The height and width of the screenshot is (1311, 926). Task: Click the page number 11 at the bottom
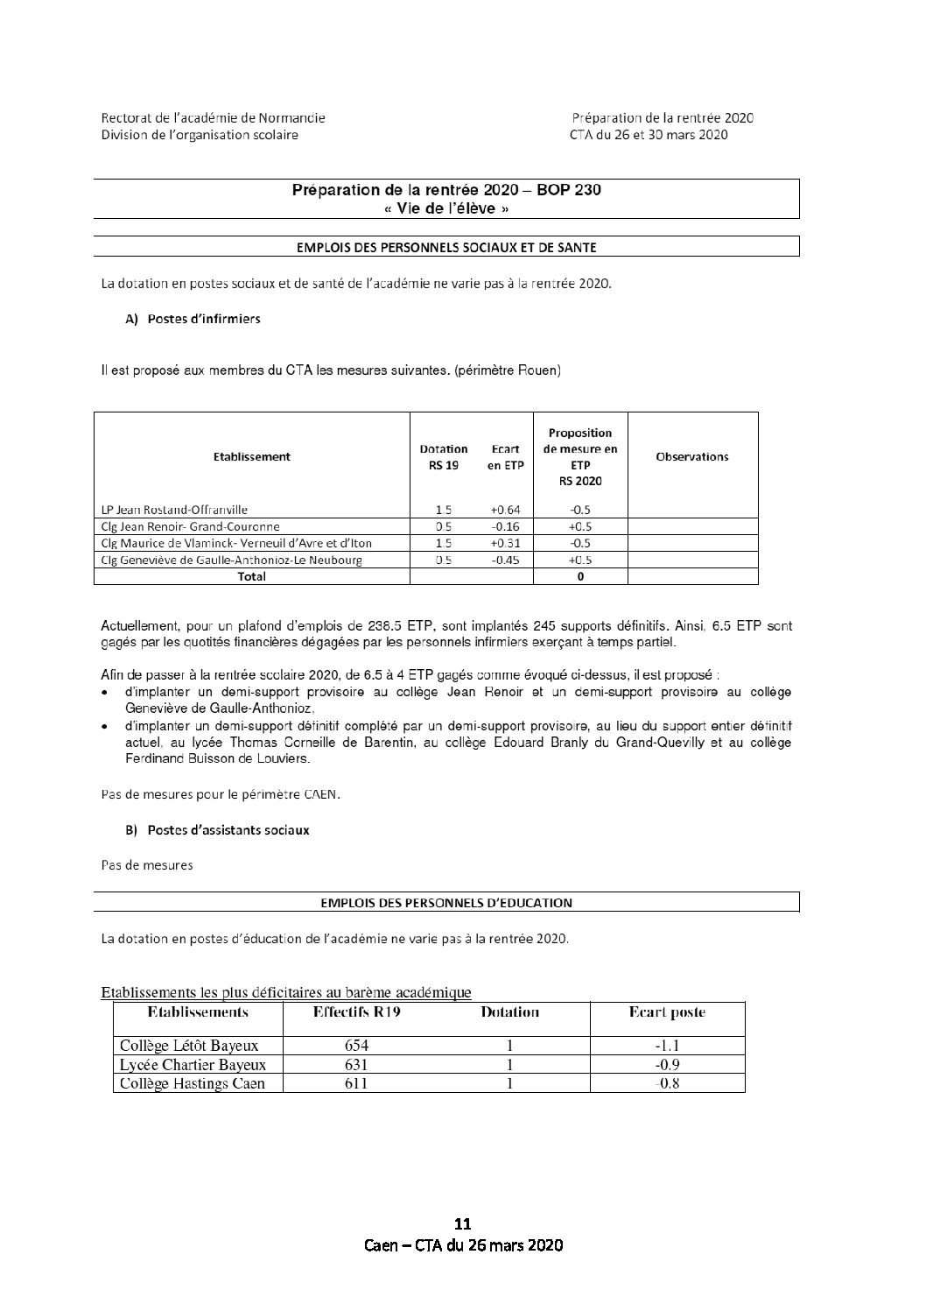pos(463,1223)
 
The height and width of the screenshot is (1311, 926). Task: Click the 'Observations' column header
pos(691,456)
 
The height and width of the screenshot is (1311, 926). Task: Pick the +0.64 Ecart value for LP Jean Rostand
pos(506,510)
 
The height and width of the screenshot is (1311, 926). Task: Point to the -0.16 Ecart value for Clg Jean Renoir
pos(506,527)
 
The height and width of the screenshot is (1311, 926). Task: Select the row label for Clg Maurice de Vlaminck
pos(242,543)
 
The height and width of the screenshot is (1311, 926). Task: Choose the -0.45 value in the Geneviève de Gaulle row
pos(506,560)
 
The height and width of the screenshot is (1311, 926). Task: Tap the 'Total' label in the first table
pos(251,576)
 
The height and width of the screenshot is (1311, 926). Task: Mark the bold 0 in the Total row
pos(580,576)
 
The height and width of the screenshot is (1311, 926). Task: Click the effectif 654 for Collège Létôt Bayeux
pos(356,1045)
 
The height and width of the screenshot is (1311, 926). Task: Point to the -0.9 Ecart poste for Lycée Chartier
pos(668,1065)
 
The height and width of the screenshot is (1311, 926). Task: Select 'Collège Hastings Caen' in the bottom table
pos(192,1083)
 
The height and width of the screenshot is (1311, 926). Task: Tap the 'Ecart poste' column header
pos(667,1012)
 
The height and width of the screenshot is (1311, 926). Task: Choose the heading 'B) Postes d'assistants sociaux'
pos(218,829)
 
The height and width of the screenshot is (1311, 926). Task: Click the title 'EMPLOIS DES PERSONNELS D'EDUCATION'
pos(446,902)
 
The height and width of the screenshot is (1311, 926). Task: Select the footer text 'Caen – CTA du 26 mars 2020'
pos(463,1245)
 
